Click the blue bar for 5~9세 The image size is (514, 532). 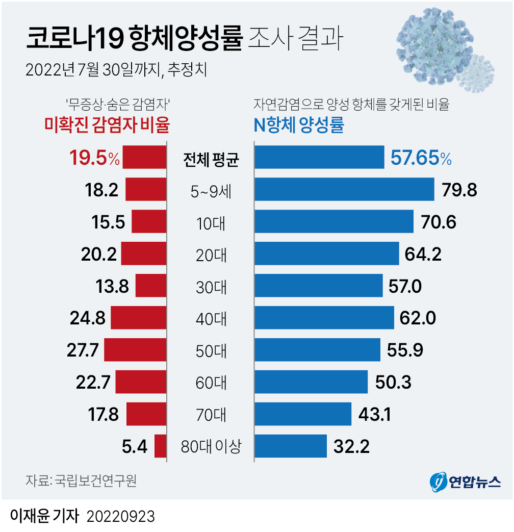click(x=344, y=189)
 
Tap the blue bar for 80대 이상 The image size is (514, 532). click(x=291, y=446)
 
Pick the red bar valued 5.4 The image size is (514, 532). click(x=160, y=446)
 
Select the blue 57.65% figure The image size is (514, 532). click(x=421, y=158)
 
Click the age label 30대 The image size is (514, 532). click(x=211, y=287)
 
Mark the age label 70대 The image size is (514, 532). click(x=211, y=415)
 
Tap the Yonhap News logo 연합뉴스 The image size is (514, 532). click(x=465, y=482)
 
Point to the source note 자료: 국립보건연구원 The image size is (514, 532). click(x=81, y=480)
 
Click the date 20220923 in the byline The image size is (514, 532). click(x=121, y=516)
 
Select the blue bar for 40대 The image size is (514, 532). click(x=324, y=317)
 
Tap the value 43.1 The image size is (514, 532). click(x=374, y=415)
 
